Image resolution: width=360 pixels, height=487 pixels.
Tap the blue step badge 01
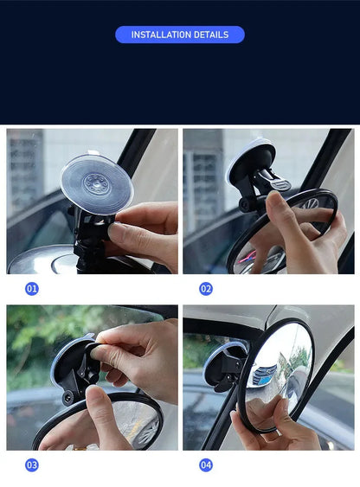32,288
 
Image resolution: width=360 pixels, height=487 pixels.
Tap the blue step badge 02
206,288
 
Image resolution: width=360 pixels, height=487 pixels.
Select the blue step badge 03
32,465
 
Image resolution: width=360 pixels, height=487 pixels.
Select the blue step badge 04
206,465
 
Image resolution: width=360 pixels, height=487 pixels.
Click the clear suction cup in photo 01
98,183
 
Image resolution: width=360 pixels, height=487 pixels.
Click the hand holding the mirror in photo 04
277,433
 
